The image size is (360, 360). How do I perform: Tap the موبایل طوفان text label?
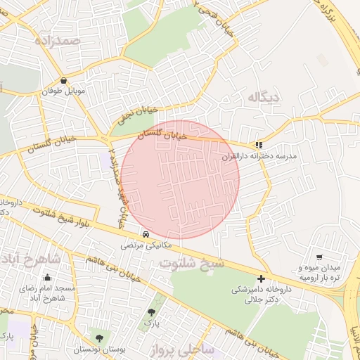[65, 91]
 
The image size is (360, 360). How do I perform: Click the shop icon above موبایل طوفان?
[65, 80]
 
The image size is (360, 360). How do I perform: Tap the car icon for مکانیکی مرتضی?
[146, 233]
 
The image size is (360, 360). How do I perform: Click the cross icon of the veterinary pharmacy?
[262, 278]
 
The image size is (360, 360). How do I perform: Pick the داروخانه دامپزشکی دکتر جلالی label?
[262, 294]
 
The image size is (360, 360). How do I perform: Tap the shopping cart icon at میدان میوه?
[320, 257]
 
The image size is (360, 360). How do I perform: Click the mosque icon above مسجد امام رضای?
[47, 277]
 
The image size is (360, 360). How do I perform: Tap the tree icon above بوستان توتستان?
[98, 339]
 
